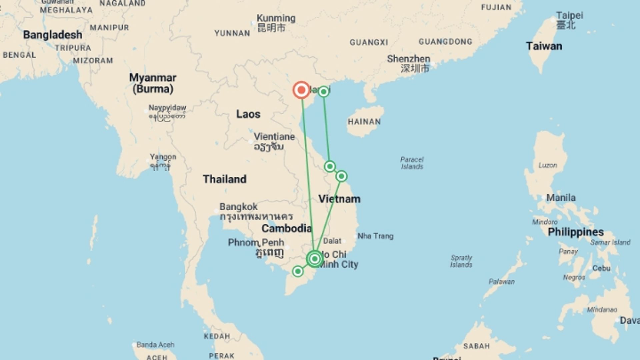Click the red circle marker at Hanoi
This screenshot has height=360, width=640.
tap(301, 90)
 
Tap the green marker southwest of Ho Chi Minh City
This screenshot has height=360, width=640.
tap(298, 271)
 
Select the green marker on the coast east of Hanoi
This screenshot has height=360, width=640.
tap(323, 92)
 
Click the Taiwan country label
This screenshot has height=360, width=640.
tap(544, 46)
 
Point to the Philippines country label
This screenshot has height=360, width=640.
tap(576, 232)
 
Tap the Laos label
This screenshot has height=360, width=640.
tap(248, 114)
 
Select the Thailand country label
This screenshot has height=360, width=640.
tap(225, 179)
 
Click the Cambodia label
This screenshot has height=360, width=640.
tap(286, 229)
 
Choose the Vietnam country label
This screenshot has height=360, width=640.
tap(339, 199)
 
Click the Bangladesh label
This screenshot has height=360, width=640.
tap(53, 35)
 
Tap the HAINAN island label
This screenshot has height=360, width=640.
tap(364, 122)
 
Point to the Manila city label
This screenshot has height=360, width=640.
tap(561, 198)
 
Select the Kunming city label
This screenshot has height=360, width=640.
tap(276, 18)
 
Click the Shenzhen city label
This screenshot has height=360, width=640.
tap(408, 59)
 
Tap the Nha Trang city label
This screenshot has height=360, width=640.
tap(375, 236)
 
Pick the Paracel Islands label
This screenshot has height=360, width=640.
tap(412, 163)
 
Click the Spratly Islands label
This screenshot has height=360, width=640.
tap(461, 261)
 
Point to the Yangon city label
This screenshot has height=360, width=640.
tap(163, 157)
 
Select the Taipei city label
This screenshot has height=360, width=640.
tap(569, 16)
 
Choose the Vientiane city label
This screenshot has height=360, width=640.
tap(274, 137)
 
